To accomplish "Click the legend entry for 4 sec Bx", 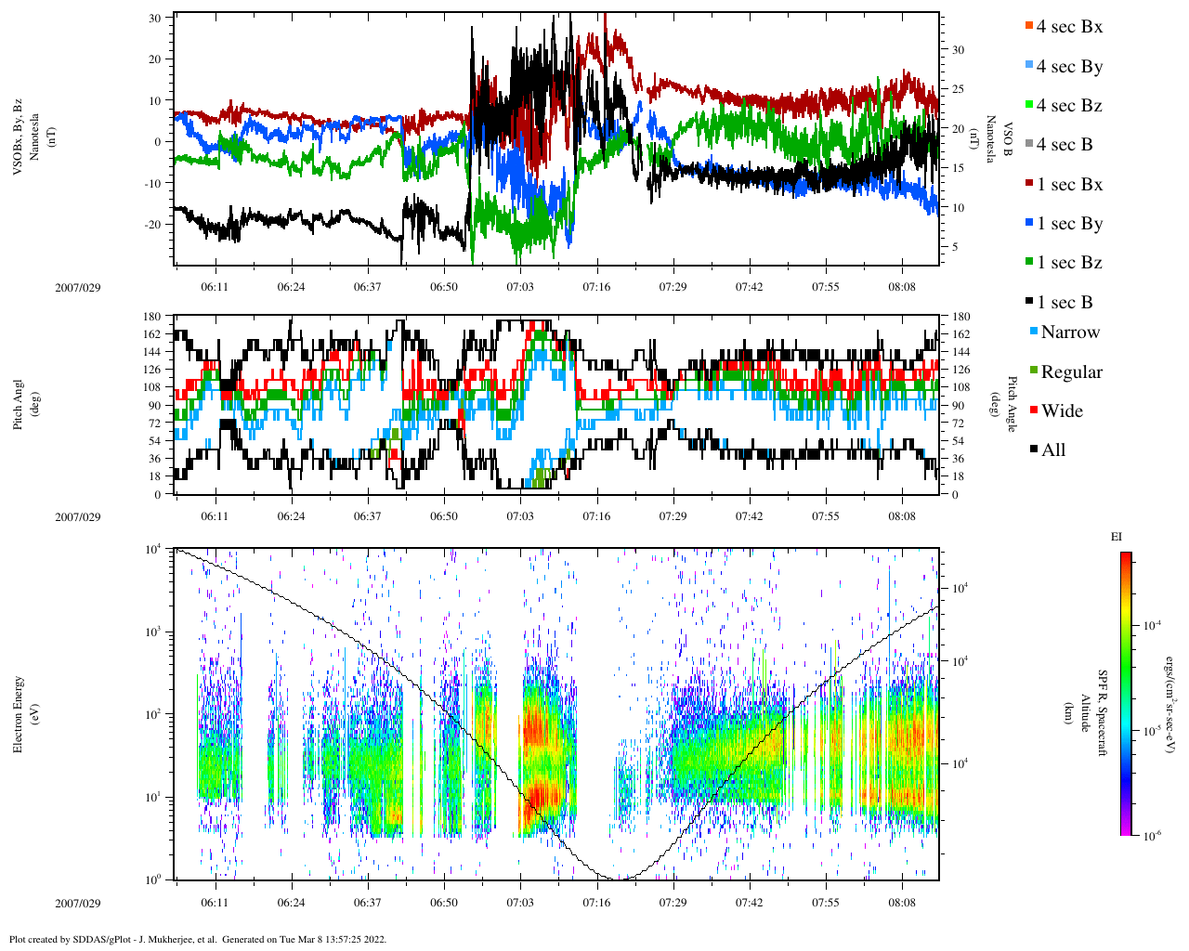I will click(x=1068, y=27).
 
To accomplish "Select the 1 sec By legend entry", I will click(x=1068, y=224).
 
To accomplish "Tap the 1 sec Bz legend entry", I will click(x=1068, y=263).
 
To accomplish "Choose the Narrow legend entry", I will click(x=1069, y=332).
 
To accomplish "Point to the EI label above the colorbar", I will click(x=1117, y=537).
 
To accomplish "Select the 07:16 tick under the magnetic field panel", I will click(x=596, y=287).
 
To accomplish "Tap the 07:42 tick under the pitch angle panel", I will click(x=749, y=516).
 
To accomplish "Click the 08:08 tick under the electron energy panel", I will click(x=902, y=903).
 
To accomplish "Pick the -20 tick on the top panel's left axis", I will click(x=151, y=225).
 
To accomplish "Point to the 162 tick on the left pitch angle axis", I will click(x=151, y=334).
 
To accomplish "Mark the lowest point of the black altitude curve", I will click(x=616, y=879).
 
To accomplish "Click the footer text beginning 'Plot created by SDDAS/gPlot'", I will click(x=198, y=939).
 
